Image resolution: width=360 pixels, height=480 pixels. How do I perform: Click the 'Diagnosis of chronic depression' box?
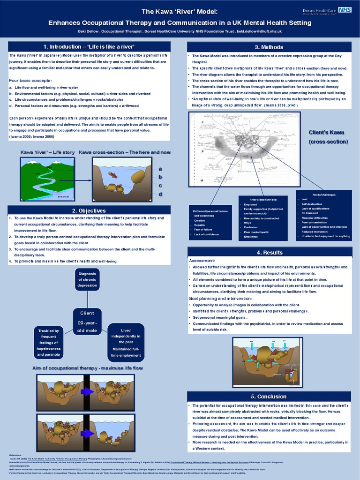[x=88, y=279]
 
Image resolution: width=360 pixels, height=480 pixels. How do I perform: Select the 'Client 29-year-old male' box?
[x=87, y=322]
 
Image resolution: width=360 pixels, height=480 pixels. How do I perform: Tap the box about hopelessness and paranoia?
[x=49, y=343]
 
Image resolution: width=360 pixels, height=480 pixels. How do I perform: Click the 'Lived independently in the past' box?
[x=126, y=342]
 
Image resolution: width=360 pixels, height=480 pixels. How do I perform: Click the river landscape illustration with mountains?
[x=48, y=178]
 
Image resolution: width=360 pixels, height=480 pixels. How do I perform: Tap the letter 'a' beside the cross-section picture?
[x=160, y=169]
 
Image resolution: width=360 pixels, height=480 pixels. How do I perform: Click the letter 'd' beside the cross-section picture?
[x=160, y=194]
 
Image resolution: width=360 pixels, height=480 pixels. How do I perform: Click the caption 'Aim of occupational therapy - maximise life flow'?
[x=87, y=368]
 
